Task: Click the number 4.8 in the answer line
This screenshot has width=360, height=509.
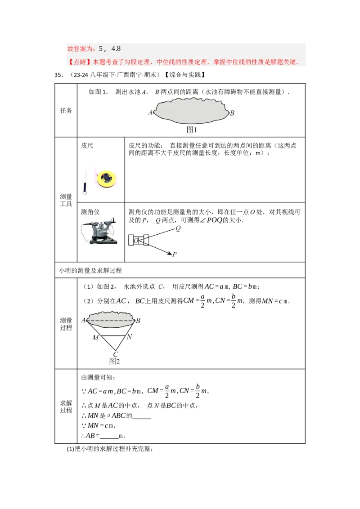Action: click(116, 49)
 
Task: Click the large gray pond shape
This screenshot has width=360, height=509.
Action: click(191, 111)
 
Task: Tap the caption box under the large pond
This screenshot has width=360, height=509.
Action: click(192, 130)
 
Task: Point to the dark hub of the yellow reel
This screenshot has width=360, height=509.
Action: click(107, 177)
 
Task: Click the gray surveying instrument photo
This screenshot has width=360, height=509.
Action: click(99, 232)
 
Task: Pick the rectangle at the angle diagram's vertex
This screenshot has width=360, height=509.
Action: click(140, 241)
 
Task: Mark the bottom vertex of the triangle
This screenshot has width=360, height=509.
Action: click(116, 351)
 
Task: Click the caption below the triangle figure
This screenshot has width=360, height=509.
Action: click(115, 362)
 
